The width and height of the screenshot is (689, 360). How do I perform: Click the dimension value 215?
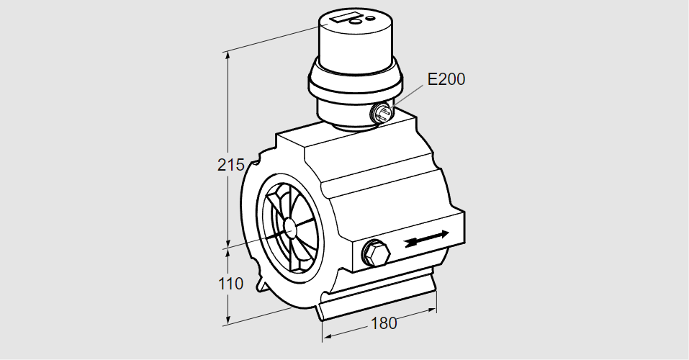tap(230, 165)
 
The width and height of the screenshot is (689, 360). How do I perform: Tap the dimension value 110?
tap(230, 284)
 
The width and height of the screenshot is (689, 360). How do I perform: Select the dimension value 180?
tap(384, 323)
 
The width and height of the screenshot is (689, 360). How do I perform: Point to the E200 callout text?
tap(446, 79)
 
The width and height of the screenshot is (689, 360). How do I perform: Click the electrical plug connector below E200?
tap(382, 112)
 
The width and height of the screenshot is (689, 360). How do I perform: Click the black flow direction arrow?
tap(427, 238)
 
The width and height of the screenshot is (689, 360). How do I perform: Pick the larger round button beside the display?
tap(356, 21)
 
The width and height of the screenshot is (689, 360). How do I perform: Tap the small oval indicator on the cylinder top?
tap(371, 19)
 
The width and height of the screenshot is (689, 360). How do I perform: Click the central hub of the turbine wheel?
tap(290, 227)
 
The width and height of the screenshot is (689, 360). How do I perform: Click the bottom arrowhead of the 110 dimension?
tap(228, 321)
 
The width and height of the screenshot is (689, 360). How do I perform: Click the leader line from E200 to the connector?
tap(407, 95)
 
